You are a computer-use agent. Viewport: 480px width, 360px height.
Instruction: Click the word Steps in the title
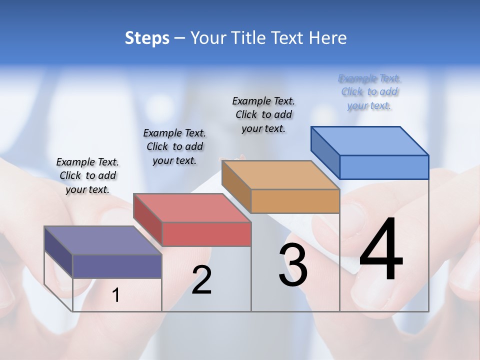(x=147, y=38)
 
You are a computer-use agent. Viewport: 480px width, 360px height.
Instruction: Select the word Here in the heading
(x=328, y=38)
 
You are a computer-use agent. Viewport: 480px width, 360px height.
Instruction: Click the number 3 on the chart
(x=293, y=265)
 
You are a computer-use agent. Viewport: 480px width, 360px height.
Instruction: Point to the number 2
(x=201, y=280)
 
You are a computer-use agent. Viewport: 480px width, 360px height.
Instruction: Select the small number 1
(x=115, y=295)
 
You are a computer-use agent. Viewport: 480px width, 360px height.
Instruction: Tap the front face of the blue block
(x=384, y=167)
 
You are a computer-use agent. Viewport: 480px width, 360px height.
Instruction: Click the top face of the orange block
(x=280, y=175)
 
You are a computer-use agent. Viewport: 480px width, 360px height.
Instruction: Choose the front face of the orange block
(x=295, y=201)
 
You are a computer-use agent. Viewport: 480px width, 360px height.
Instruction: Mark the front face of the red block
(x=206, y=234)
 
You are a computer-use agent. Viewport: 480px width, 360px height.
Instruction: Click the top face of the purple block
(x=103, y=240)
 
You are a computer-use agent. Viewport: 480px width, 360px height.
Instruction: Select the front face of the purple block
(x=117, y=266)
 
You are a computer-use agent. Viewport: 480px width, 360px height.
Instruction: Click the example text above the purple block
(x=87, y=175)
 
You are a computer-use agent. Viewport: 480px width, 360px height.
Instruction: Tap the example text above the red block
(x=174, y=146)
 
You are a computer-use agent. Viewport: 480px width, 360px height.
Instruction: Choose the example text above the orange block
(x=263, y=114)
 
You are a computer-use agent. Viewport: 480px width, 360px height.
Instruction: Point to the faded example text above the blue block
(x=369, y=91)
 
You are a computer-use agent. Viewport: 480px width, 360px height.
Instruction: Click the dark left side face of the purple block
(x=58, y=252)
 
